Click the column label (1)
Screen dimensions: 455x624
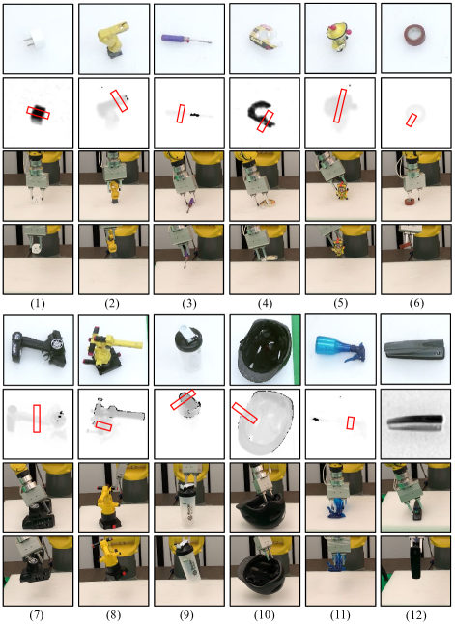[38, 303]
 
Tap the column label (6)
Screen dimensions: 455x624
[416, 303]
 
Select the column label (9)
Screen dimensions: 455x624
[188, 615]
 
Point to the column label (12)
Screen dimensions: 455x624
[415, 615]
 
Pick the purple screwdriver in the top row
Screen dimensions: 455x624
[186, 40]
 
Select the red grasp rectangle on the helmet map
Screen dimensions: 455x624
[244, 413]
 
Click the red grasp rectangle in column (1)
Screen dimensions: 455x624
[39, 113]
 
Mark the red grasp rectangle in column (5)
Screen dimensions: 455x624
[340, 105]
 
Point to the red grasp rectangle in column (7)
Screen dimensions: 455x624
[37, 419]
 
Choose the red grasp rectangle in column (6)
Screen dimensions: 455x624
[412, 120]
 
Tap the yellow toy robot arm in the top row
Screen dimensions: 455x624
[113, 38]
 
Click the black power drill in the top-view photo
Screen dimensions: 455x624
[40, 348]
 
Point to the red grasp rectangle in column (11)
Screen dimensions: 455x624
[350, 422]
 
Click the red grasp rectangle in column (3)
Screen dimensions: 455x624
[181, 114]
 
